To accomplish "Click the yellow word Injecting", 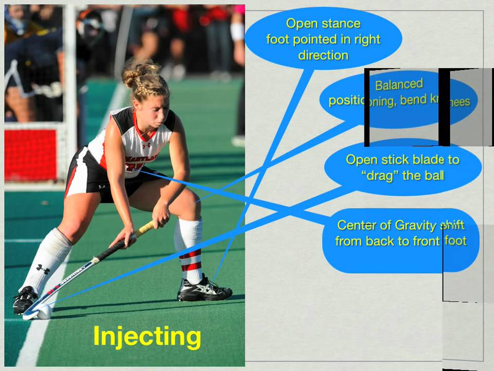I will point(147,336).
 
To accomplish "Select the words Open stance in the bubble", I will point(323,24).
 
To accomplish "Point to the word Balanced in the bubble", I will point(399,85).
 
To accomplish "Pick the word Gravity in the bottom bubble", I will point(417,225).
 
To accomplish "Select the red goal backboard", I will point(30,154).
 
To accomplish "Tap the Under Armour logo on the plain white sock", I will point(43,269).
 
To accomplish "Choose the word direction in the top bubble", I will point(323,55).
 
